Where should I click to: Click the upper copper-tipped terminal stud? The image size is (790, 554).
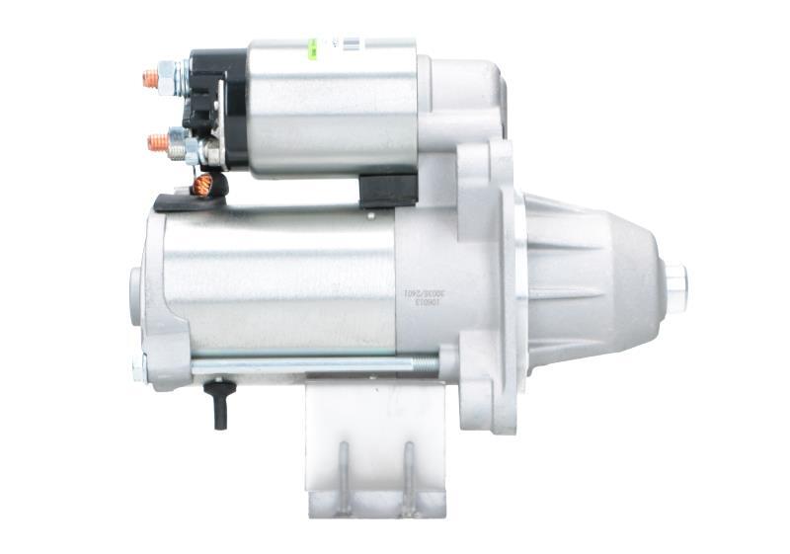(x=151, y=79)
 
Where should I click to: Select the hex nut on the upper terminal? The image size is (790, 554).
(x=169, y=75)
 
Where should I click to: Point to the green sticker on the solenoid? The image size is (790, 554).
(x=313, y=44)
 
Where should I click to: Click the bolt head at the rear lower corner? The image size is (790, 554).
(x=139, y=368)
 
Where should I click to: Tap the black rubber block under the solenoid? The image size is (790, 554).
(x=388, y=190)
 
